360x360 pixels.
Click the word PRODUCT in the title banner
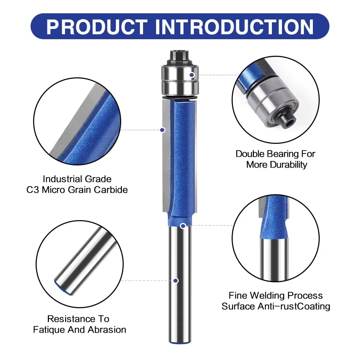click(x=97, y=27)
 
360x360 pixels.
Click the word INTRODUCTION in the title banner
click(x=235, y=27)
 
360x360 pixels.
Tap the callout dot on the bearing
click(x=192, y=75)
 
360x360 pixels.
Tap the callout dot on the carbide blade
click(x=162, y=129)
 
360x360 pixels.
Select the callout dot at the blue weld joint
click(x=183, y=226)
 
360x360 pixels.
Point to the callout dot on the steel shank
click(x=176, y=281)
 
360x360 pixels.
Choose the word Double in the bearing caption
click(x=250, y=154)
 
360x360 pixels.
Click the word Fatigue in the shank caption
click(x=48, y=329)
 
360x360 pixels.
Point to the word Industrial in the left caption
click(x=63, y=179)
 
